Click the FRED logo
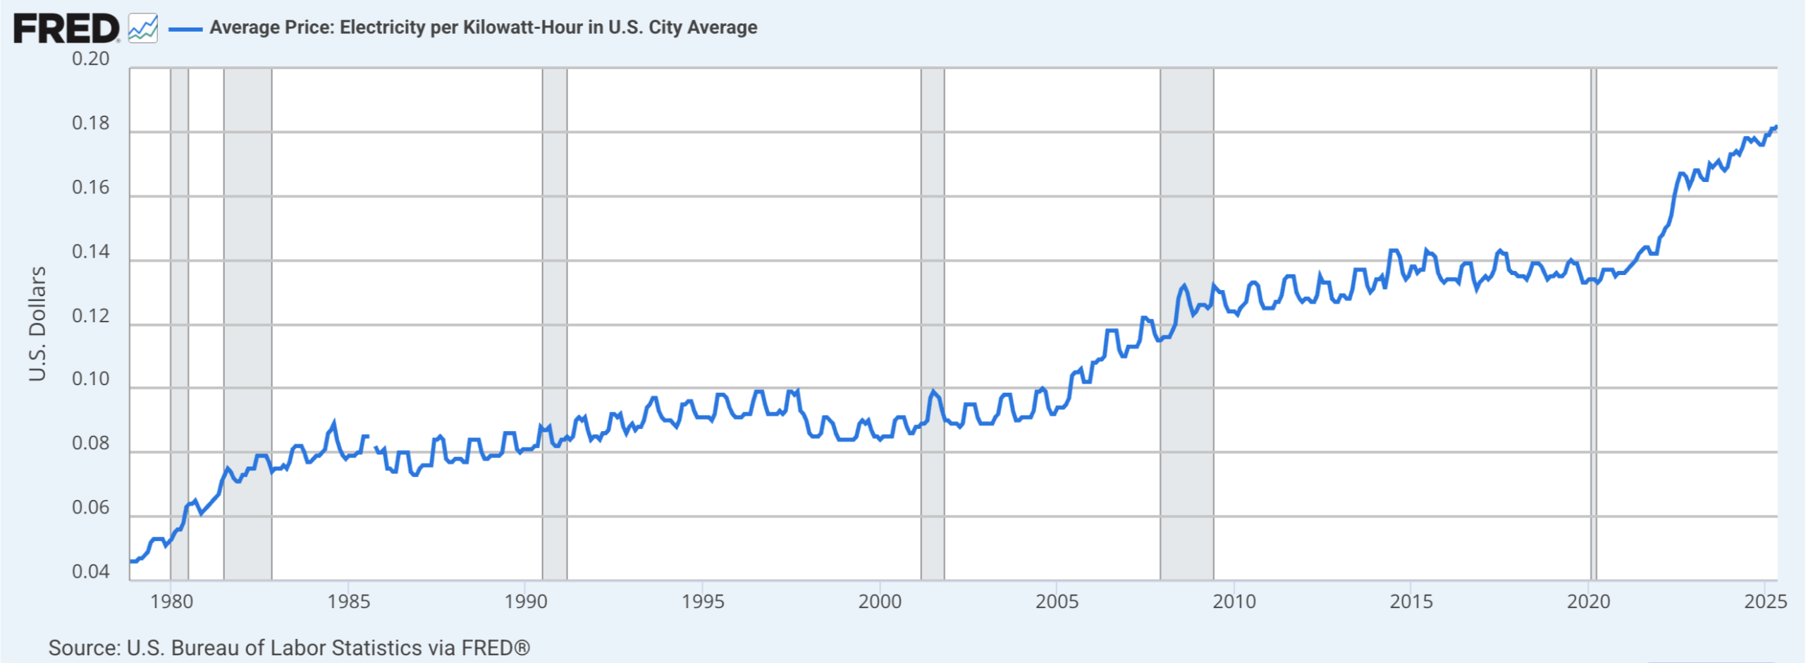tap(66, 28)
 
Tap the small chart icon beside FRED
tap(143, 28)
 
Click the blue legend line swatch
tap(185, 29)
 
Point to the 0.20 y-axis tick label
tap(91, 59)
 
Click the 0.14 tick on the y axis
tap(91, 252)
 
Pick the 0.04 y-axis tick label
tap(91, 572)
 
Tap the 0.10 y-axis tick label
tap(91, 379)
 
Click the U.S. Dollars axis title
tap(37, 324)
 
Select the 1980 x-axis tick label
tap(171, 602)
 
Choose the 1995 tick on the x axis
tap(703, 602)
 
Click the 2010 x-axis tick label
tap(1234, 602)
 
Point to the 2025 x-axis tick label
tap(1765, 602)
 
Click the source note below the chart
tap(289, 647)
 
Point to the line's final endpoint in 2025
tap(1776, 127)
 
